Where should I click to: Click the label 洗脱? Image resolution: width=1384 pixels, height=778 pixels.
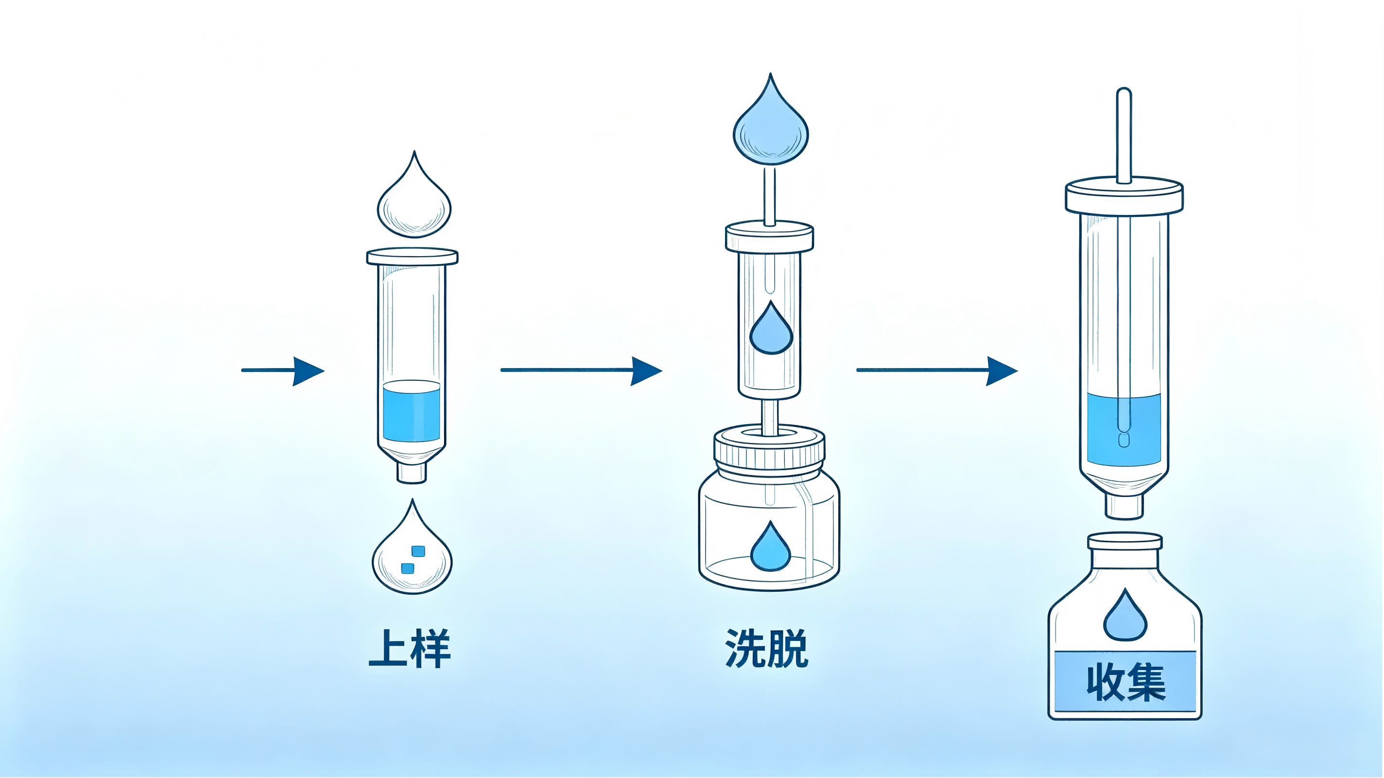pyautogui.click(x=767, y=649)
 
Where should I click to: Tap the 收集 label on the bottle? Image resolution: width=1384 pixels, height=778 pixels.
pyautogui.click(x=1125, y=683)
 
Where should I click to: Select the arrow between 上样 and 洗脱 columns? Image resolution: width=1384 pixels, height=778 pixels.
pyautogui.click(x=581, y=371)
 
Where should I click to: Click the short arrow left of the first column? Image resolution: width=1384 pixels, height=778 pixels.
pyautogui.click(x=283, y=371)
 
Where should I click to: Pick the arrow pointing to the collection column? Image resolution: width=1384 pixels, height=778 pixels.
pyautogui.click(x=937, y=371)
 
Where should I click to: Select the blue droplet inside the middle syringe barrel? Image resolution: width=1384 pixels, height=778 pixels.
pyautogui.click(x=771, y=328)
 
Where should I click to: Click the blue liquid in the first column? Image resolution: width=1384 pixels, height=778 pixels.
pyautogui.click(x=412, y=411)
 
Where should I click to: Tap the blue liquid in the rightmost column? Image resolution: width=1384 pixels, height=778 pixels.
pyautogui.click(x=1124, y=429)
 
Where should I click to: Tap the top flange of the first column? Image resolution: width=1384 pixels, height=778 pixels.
pyautogui.click(x=412, y=256)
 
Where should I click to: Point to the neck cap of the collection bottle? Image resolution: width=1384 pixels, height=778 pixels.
pyautogui.click(x=1125, y=541)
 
